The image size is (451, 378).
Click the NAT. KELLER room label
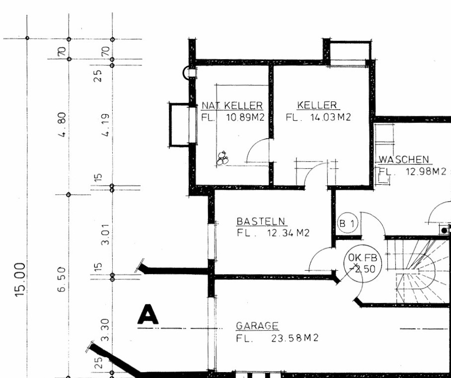tap(232, 106)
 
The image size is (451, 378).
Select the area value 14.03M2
tap(330, 117)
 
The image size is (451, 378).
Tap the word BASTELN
tap(261, 222)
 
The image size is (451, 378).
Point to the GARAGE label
tap(257, 326)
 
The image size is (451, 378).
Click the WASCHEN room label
tap(403, 159)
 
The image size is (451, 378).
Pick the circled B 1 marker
tap(348, 223)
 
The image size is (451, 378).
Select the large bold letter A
tap(148, 314)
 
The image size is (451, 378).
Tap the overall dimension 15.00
tap(20, 280)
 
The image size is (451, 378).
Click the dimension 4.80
tap(63, 125)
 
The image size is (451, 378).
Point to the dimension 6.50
tap(62, 280)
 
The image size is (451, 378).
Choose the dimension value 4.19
tap(106, 125)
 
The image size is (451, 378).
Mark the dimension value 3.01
tap(106, 234)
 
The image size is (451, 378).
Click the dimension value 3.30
tap(106, 330)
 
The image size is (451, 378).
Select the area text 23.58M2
tap(295, 338)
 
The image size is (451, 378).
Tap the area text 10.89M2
tap(245, 117)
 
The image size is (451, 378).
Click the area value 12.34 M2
tap(288, 232)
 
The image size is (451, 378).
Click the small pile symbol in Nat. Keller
tap(223, 158)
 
